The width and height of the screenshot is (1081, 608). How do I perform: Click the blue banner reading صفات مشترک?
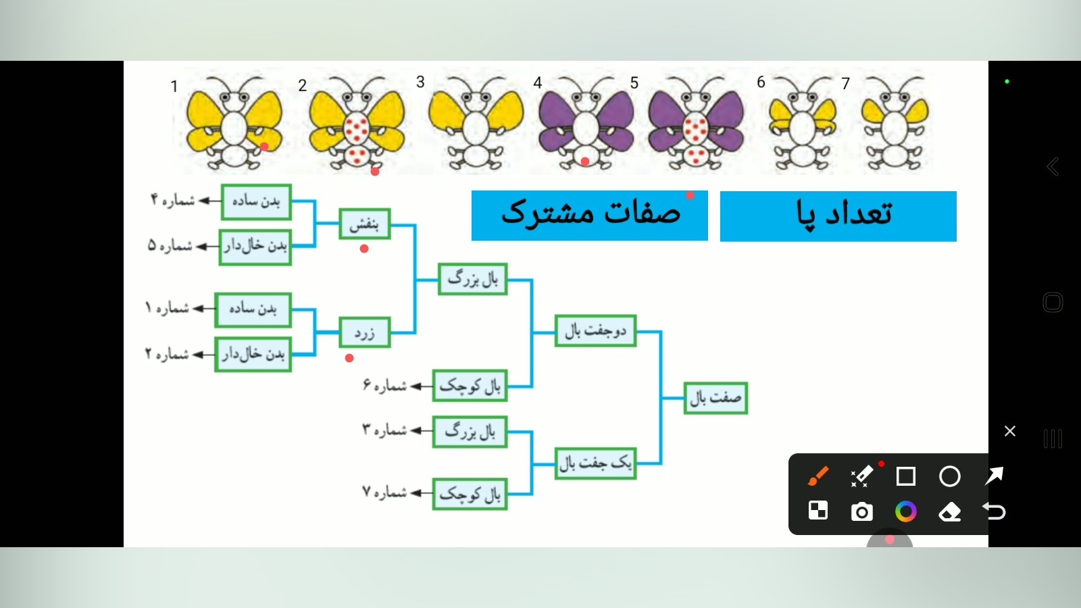tap(589, 216)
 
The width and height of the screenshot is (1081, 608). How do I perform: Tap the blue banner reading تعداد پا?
tap(838, 216)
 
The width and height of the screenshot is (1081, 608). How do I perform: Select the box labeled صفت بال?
tap(715, 398)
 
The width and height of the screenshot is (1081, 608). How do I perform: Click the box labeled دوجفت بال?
tap(595, 330)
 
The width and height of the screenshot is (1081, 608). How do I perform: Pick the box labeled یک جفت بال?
tap(595, 463)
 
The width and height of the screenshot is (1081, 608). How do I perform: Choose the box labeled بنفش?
tap(364, 224)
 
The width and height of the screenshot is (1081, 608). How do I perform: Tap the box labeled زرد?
tap(364, 332)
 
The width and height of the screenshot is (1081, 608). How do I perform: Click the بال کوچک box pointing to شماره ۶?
tap(470, 386)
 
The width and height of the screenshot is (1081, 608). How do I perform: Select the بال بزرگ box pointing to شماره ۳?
tap(470, 432)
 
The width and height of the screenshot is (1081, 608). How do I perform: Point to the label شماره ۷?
tap(384, 492)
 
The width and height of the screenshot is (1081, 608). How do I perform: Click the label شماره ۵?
tap(170, 246)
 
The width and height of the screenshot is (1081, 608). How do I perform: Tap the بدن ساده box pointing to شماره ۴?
tap(256, 202)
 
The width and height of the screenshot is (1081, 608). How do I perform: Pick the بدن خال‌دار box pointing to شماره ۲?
tap(253, 355)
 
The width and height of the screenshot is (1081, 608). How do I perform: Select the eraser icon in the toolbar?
tap(949, 512)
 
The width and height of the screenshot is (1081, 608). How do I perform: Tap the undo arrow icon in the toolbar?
tap(994, 511)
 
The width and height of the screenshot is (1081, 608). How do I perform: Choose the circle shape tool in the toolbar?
tap(950, 476)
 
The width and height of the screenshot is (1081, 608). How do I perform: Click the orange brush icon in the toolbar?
tap(818, 476)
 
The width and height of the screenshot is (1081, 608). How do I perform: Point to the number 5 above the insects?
tap(634, 83)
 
